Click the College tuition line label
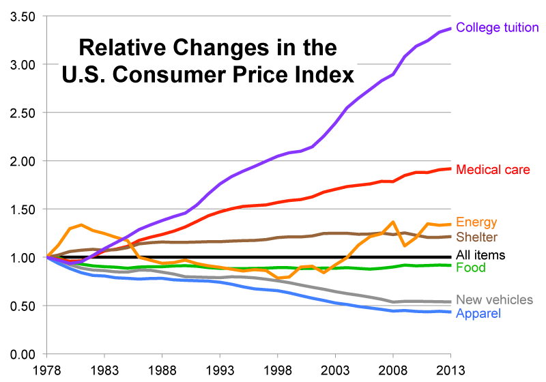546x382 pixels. pyautogui.click(x=497, y=28)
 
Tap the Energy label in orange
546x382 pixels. pyautogui.click(x=476, y=222)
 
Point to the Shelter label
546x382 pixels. pyautogui.click(x=477, y=237)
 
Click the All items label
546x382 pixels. pyautogui.click(x=480, y=256)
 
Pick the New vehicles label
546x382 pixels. pyautogui.click(x=494, y=300)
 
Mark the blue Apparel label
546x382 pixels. pyautogui.click(x=478, y=314)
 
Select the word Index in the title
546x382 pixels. pyautogui.click(x=325, y=74)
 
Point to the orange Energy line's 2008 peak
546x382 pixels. pyautogui.click(x=394, y=222)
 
